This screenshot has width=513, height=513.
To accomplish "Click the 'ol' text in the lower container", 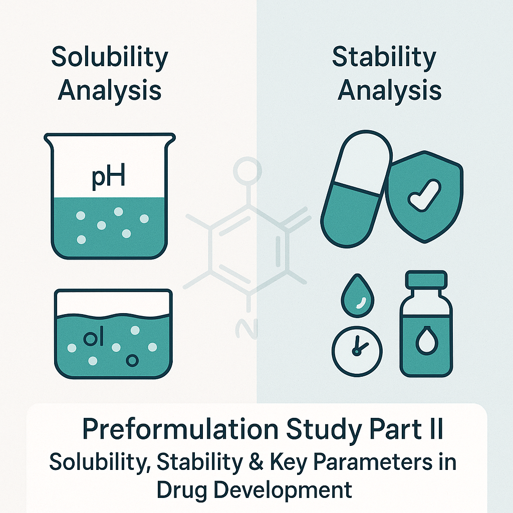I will (94, 339).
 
